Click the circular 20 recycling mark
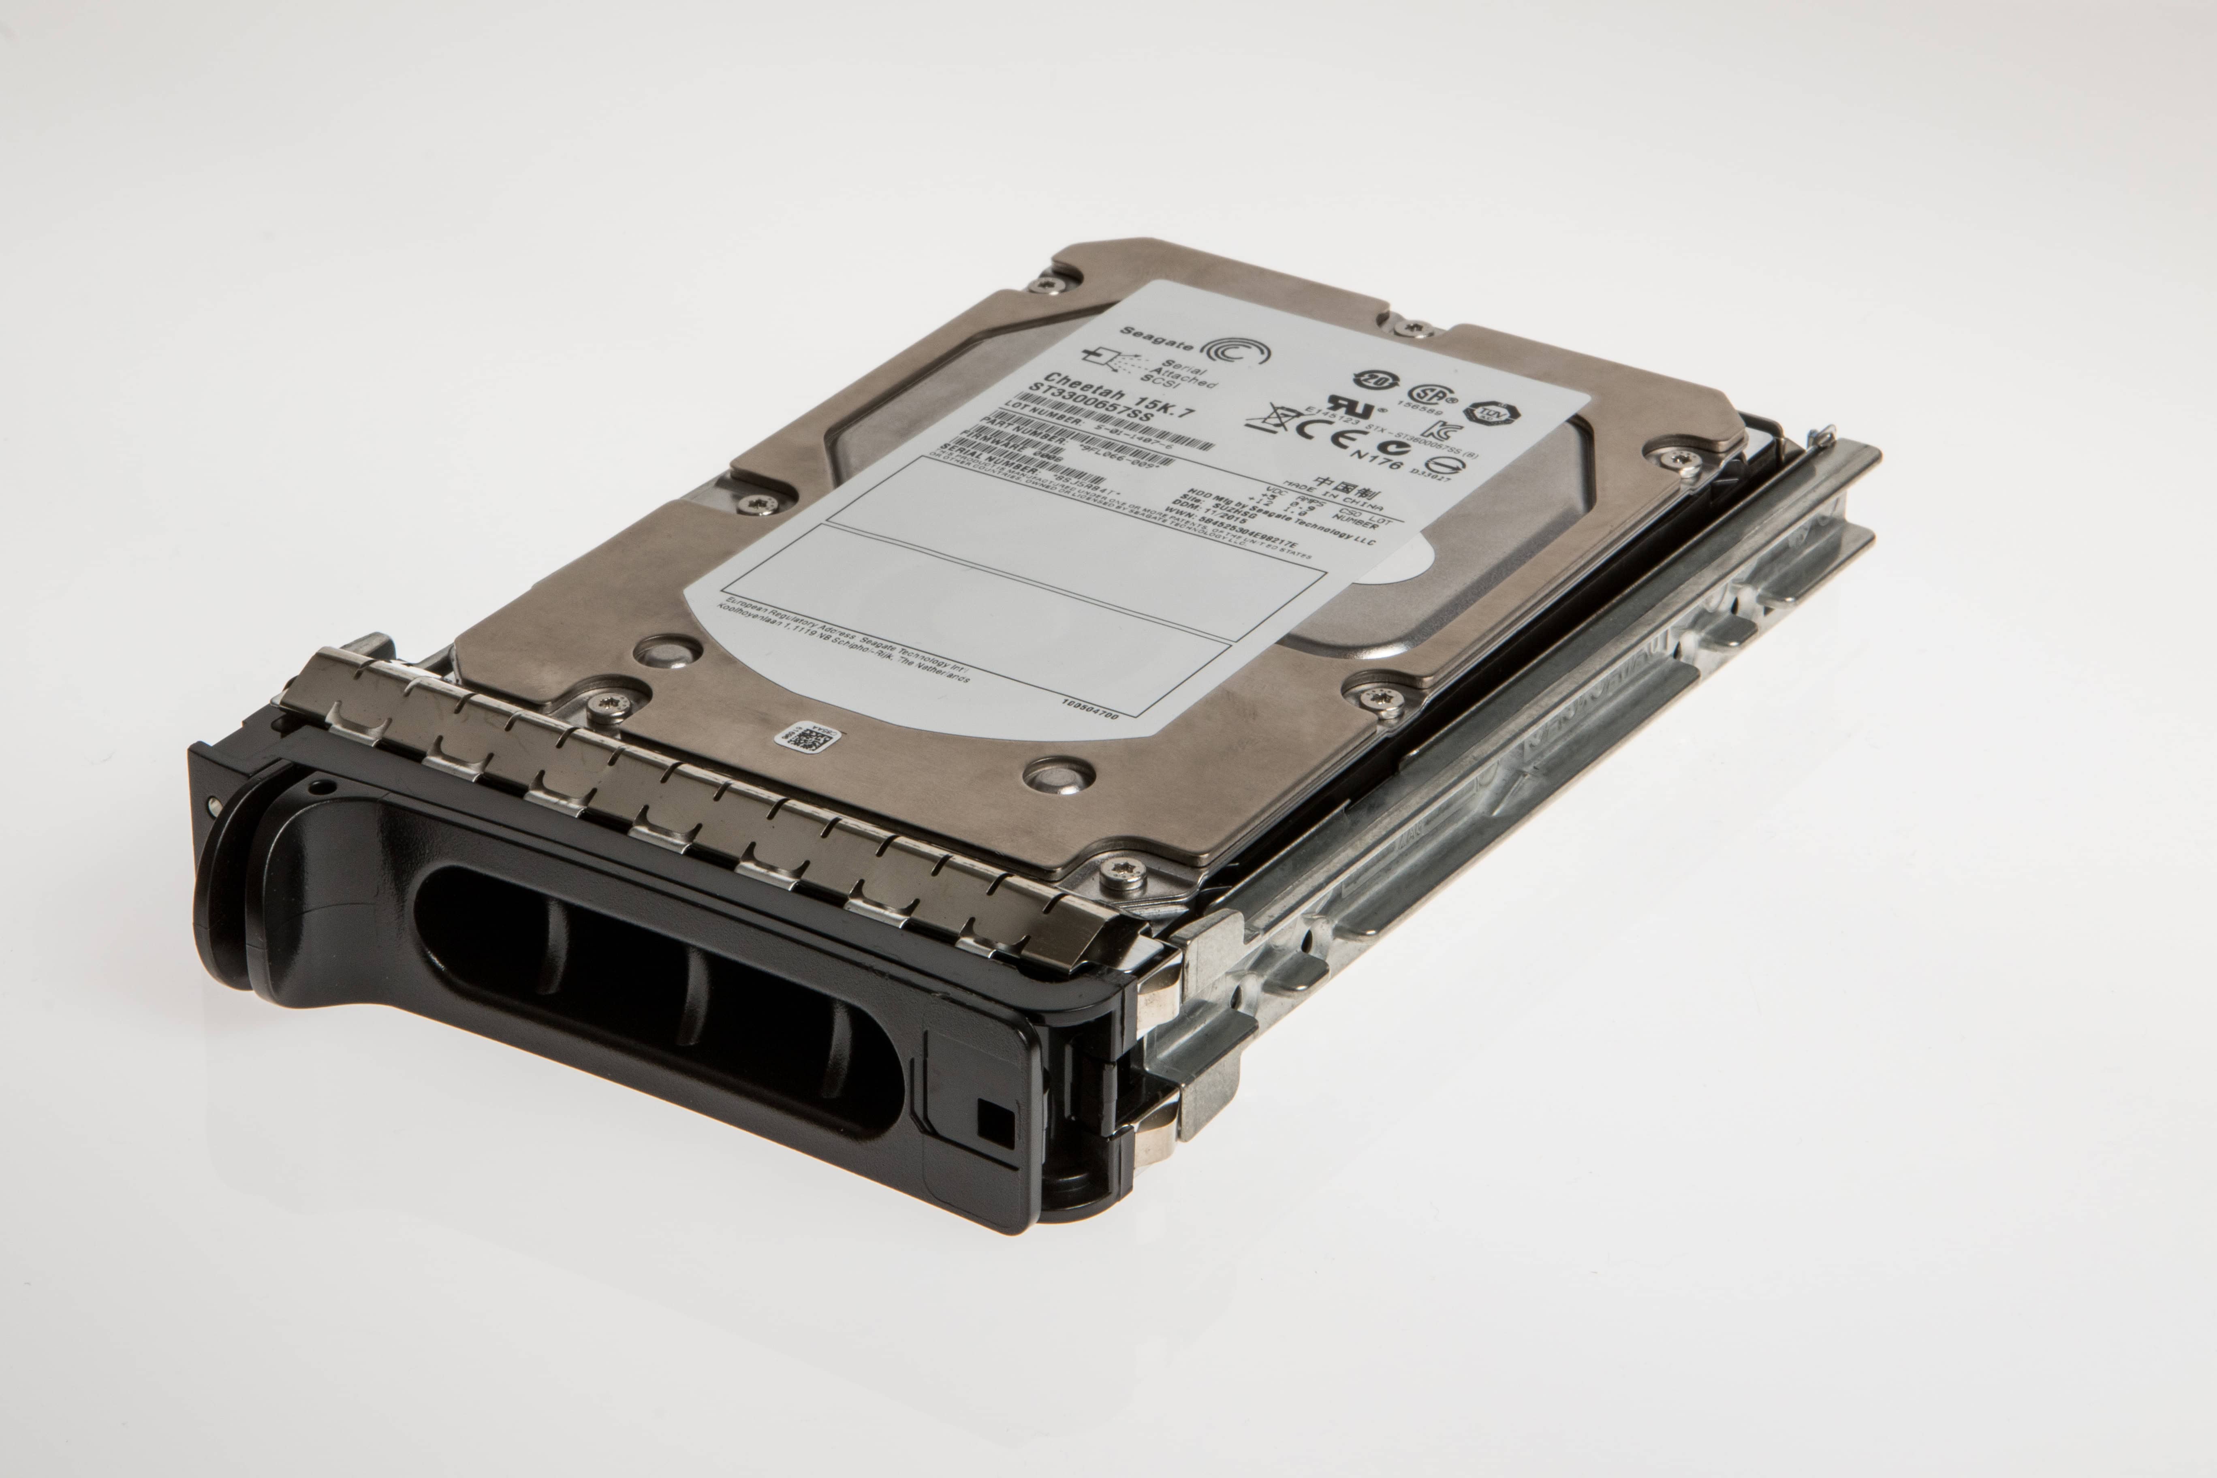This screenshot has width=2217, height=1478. coord(1372,381)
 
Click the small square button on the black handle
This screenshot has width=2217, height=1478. coord(995,1122)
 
